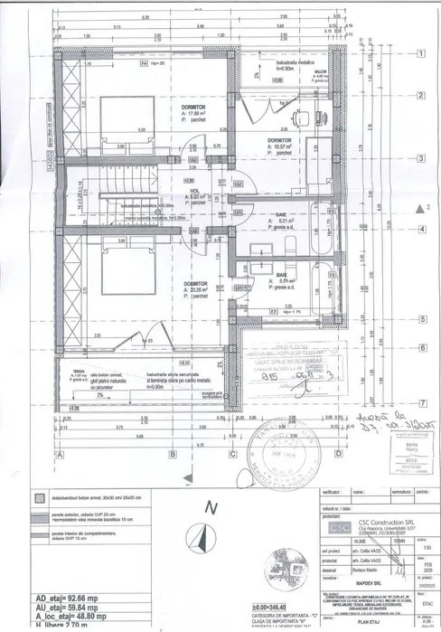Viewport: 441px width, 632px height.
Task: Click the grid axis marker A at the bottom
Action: tap(59, 454)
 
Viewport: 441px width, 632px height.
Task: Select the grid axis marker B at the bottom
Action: tap(172, 454)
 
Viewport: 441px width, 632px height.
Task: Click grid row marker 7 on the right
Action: tap(420, 402)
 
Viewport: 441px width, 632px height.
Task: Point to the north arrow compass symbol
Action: tap(201, 541)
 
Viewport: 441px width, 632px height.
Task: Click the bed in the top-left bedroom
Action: tap(125, 126)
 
